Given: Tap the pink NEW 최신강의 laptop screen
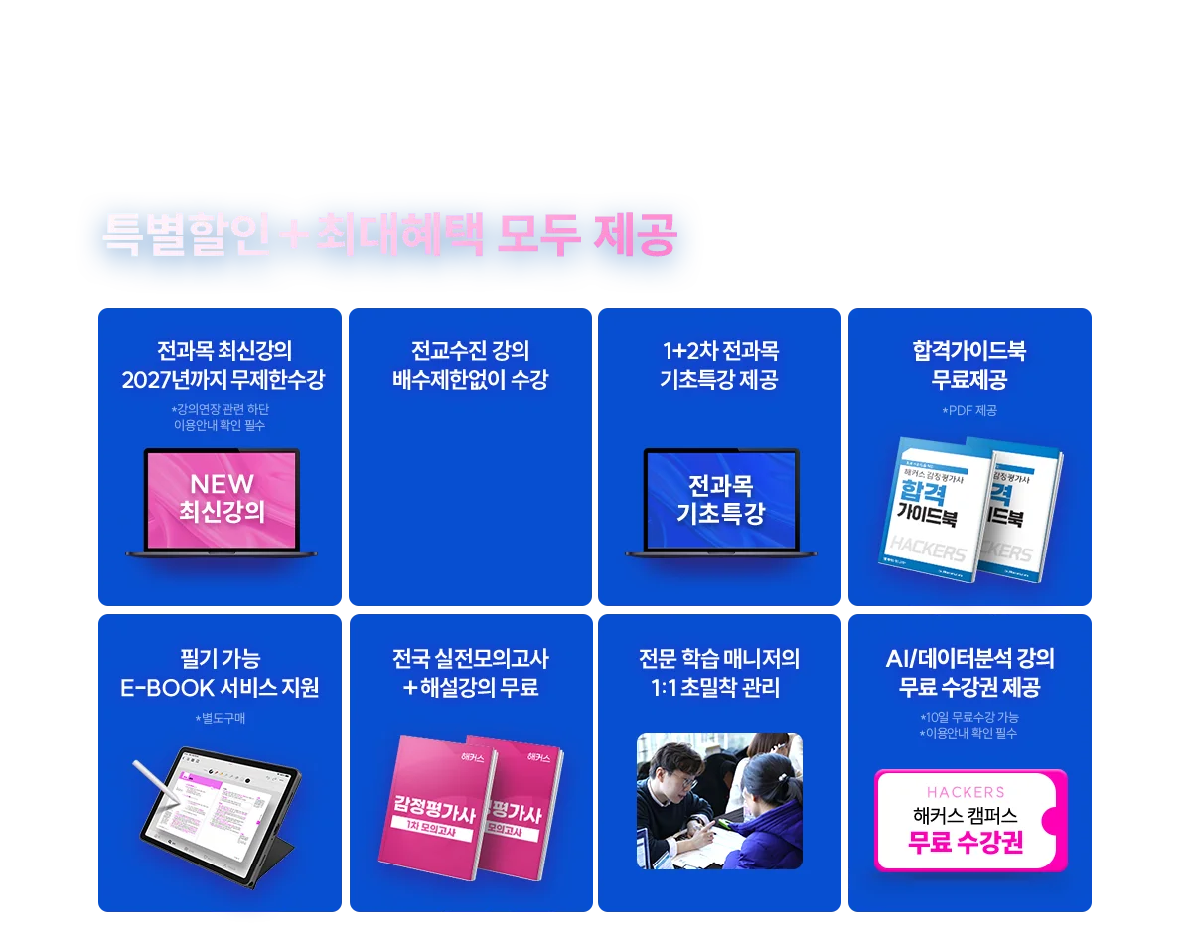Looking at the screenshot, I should point(222,499).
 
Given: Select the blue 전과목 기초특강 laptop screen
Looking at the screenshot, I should point(720,500).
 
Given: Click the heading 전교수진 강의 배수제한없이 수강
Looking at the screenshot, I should point(470,365).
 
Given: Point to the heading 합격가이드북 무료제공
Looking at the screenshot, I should point(968,365).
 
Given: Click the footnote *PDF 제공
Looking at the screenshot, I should point(968,411).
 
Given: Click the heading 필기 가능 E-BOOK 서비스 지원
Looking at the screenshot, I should point(220,673).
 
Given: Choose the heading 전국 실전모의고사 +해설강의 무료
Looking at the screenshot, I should point(470,673).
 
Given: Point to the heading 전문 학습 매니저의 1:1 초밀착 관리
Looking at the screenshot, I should point(719,673).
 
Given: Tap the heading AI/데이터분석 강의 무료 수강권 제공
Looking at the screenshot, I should point(968,673).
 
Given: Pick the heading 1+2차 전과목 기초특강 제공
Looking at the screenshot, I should point(719,365).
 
